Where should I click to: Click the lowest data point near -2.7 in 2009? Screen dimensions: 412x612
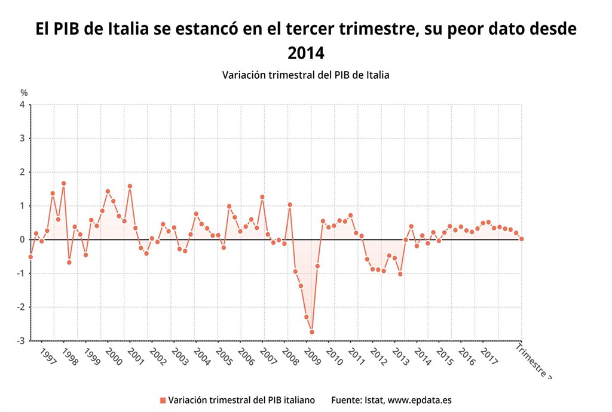pyautogui.click(x=312, y=332)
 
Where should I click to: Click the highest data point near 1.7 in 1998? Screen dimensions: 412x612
pyautogui.click(x=63, y=183)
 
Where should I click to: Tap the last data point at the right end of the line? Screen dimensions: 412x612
pyautogui.click(x=522, y=239)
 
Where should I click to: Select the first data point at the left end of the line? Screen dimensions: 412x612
pyautogui.click(x=30, y=257)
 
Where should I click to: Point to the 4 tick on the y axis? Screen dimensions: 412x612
pyautogui.click(x=22, y=104)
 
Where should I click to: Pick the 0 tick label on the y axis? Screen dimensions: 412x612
pyautogui.click(x=22, y=239)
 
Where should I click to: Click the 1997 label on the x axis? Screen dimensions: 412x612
pyautogui.click(x=47, y=357)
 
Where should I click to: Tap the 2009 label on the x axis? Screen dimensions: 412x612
pyautogui.click(x=312, y=357)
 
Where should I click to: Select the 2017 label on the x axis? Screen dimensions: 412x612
pyautogui.click(x=489, y=357)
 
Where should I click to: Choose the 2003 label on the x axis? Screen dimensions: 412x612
pyautogui.click(x=179, y=357)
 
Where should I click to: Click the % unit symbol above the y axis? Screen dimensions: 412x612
pyautogui.click(x=24, y=93)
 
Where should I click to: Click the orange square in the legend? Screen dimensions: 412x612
pyautogui.click(x=163, y=400)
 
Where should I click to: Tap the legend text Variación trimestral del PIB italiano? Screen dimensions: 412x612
pyautogui.click(x=241, y=400)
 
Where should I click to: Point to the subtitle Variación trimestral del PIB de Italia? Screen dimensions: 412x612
pyautogui.click(x=305, y=75)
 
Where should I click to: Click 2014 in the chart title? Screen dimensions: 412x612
pyautogui.click(x=305, y=53)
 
